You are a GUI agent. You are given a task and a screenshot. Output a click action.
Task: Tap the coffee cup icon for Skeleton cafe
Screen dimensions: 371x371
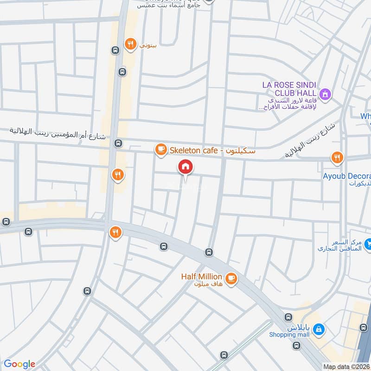pyautogui.click(x=160, y=149)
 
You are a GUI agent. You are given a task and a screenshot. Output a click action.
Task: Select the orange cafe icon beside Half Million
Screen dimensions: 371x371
pyautogui.click(x=231, y=279)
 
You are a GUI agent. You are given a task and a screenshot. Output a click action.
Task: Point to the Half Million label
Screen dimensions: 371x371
pyautogui.click(x=201, y=277)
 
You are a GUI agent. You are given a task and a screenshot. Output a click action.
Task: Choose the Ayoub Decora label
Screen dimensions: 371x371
pyautogui.click(x=347, y=176)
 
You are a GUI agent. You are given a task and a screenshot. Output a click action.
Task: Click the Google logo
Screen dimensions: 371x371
pyautogui.click(x=19, y=364)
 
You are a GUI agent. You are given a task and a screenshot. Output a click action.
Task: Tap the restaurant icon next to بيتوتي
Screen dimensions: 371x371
pyautogui.click(x=131, y=45)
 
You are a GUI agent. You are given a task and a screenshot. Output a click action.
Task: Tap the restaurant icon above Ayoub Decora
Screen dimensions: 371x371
pyautogui.click(x=337, y=158)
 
